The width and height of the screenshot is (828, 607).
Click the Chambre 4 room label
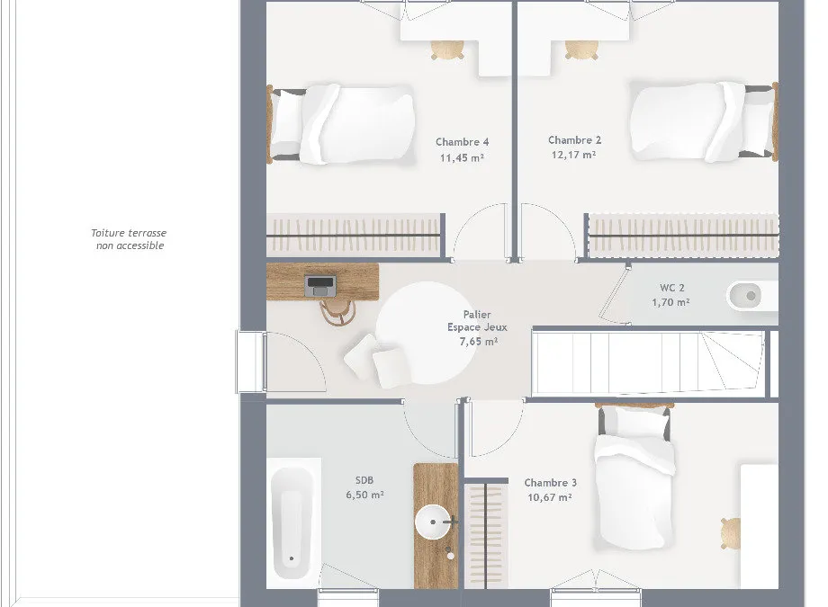point(462,142)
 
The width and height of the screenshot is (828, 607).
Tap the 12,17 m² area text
point(573,155)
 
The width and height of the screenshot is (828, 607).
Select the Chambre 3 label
point(550,482)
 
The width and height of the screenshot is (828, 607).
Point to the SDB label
point(364,480)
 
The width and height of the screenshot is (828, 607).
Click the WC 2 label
point(671,288)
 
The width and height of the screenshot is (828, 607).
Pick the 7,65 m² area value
point(479,342)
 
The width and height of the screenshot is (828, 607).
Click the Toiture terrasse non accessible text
point(129,239)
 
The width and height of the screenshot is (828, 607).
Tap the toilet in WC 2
point(751,296)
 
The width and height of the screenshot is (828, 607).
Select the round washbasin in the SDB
point(433,522)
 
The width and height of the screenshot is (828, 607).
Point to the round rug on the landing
point(427,333)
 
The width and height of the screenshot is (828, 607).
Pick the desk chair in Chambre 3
point(731,533)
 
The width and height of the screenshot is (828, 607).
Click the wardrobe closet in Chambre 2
point(684,235)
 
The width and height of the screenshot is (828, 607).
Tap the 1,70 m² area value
point(670,302)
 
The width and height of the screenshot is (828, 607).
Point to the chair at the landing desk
point(337,312)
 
